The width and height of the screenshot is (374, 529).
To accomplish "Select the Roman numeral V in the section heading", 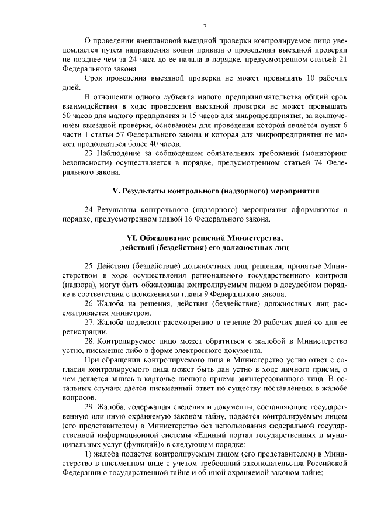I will [115, 191].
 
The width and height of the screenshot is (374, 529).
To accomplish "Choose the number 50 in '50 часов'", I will [68, 116].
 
